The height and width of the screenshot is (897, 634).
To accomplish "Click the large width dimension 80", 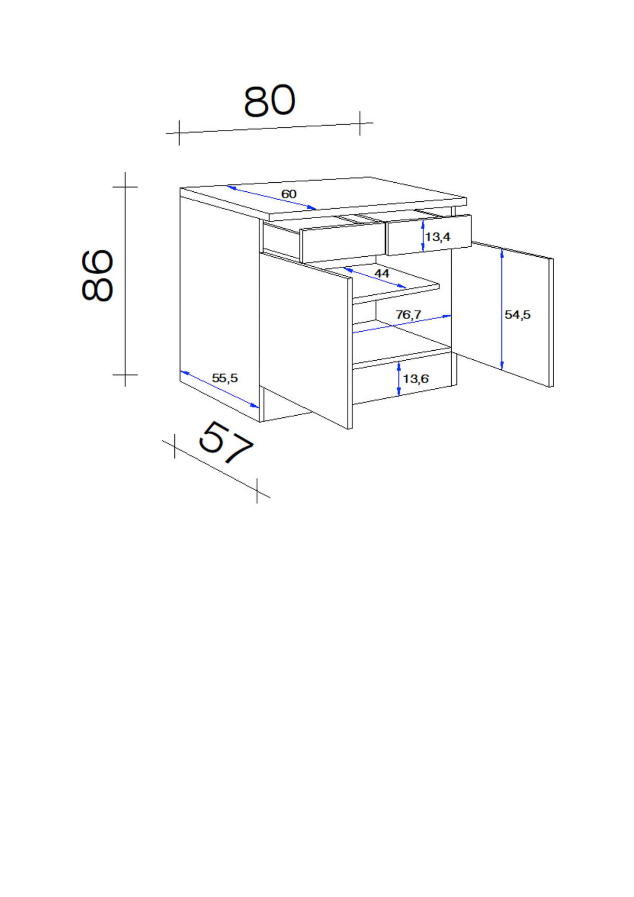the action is pyautogui.click(x=269, y=100).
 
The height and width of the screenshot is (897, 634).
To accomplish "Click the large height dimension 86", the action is pyautogui.click(x=97, y=276).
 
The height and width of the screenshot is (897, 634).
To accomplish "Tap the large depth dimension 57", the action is pyautogui.click(x=226, y=443).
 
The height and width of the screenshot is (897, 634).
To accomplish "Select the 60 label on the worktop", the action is pyautogui.click(x=289, y=194).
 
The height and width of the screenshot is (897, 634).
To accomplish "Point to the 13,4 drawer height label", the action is pyautogui.click(x=438, y=237).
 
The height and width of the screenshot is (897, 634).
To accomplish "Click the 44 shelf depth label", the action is pyautogui.click(x=381, y=274).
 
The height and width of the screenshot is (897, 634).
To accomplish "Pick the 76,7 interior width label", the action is pyautogui.click(x=408, y=315).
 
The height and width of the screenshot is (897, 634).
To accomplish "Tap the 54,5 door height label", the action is pyautogui.click(x=517, y=315).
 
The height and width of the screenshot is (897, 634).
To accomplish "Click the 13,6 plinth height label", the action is pyautogui.click(x=416, y=378).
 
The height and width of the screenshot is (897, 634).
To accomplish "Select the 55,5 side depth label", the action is pyautogui.click(x=225, y=378).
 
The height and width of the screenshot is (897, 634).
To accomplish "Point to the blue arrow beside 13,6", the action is pyautogui.click(x=398, y=378).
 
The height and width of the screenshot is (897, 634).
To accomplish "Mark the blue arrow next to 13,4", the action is pyautogui.click(x=423, y=237).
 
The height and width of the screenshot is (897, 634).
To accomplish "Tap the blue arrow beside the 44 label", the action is pyautogui.click(x=375, y=278).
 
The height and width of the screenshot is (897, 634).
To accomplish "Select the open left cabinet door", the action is pyautogui.click(x=306, y=341).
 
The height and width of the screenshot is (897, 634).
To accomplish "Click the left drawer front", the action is pyautogui.click(x=343, y=242).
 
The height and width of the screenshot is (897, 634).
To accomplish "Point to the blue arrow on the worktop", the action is pyautogui.click(x=272, y=198).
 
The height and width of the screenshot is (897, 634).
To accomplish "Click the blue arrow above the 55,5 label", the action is pyautogui.click(x=220, y=389).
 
